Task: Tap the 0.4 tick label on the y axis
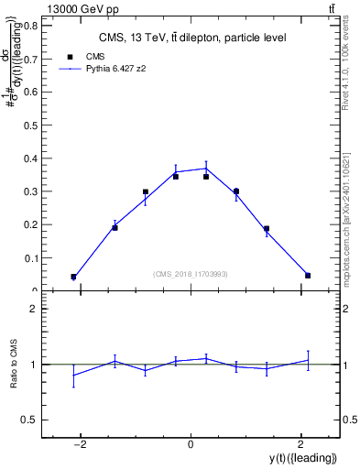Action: [x=31, y=158]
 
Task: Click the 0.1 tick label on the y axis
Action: [x=31, y=257]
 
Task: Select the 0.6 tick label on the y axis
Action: [x=31, y=92]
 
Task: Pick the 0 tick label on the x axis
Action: [x=191, y=445]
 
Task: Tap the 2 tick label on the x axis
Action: [x=300, y=445]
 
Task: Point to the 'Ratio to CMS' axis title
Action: [x=14, y=365]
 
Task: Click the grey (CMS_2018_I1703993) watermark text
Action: [x=191, y=273]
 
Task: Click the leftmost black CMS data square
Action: [x=73, y=277]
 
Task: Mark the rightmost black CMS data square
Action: [x=308, y=275]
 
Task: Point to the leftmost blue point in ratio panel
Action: [x=73, y=376]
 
